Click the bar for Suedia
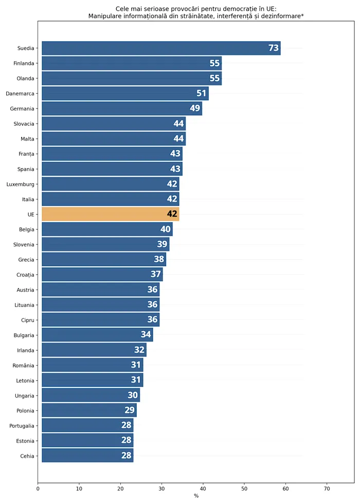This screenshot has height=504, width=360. coord(154,48)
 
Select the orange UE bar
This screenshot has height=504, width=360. coord(103,214)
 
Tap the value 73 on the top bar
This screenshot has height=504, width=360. coord(274,48)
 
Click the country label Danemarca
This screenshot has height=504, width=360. coord(20,94)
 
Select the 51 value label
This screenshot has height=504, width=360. coord(202,94)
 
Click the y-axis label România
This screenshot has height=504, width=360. coord(23,366)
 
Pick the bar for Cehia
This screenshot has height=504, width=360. coord(82,456)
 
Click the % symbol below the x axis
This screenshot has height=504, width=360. coord(196,496)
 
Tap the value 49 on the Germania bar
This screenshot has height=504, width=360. coord(195,109)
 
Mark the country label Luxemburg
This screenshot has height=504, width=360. coord(21,184)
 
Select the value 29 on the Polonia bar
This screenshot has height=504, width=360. coord(130,410)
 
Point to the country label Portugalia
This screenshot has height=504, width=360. coord(22,426)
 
